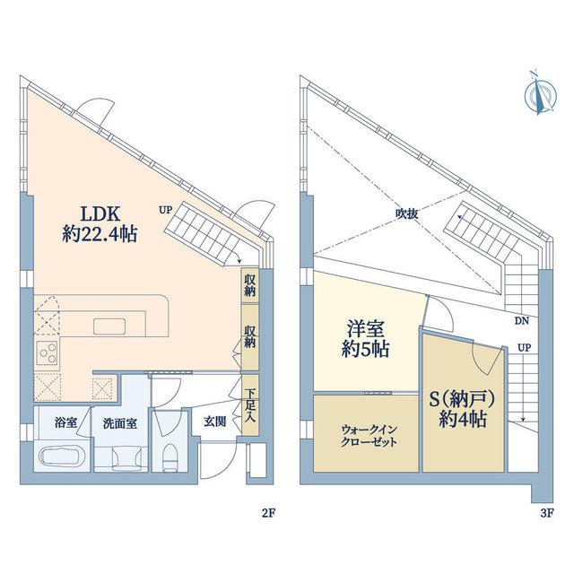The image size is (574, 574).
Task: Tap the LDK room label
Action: [100, 213]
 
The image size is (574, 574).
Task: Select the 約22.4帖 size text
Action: [100, 234]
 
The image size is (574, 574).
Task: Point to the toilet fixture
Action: [170, 457]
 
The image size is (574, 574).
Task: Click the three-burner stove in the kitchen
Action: [47, 352]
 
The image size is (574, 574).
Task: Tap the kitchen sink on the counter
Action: [109, 326]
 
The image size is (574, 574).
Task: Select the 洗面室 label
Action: [119, 423]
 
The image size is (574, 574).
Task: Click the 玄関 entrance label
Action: [214, 422]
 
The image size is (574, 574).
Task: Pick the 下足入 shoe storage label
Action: [250, 406]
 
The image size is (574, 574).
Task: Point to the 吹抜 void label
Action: [406, 214]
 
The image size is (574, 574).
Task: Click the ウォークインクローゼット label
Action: [369, 436]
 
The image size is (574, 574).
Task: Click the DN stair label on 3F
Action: [522, 321]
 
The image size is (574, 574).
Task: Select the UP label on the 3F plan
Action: [524, 348]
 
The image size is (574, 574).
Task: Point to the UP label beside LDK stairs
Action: [165, 210]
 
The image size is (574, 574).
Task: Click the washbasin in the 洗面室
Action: [126, 457]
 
